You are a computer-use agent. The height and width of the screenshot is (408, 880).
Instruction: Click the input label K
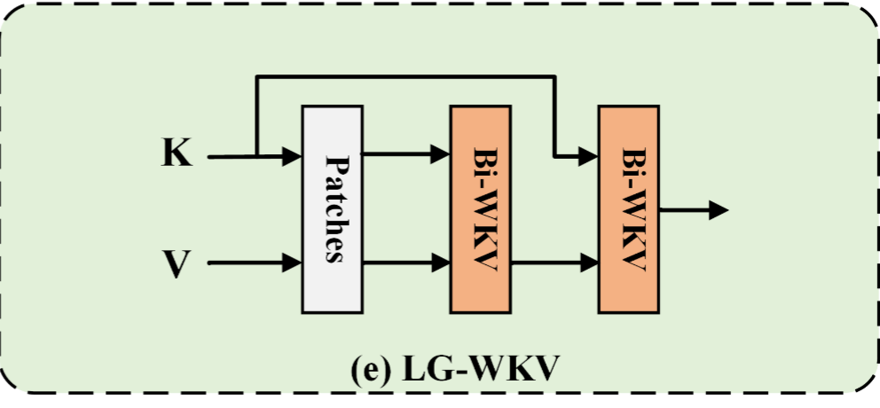(x=176, y=154)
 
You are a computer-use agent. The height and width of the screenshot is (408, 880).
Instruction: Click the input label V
(x=176, y=263)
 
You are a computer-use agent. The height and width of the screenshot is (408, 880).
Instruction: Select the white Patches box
(x=332, y=209)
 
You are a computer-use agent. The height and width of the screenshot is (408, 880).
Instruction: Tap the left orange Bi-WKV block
(x=480, y=209)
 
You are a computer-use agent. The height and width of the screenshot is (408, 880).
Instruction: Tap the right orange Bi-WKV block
(x=628, y=209)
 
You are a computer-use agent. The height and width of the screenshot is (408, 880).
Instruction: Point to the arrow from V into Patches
(x=257, y=263)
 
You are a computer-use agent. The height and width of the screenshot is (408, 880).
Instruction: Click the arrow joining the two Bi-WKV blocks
(x=554, y=263)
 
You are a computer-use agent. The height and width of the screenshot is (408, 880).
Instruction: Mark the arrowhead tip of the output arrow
(x=727, y=210)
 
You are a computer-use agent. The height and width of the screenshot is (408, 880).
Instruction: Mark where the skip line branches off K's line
(x=256, y=157)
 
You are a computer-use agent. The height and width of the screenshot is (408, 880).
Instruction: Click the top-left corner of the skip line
(x=256, y=78)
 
